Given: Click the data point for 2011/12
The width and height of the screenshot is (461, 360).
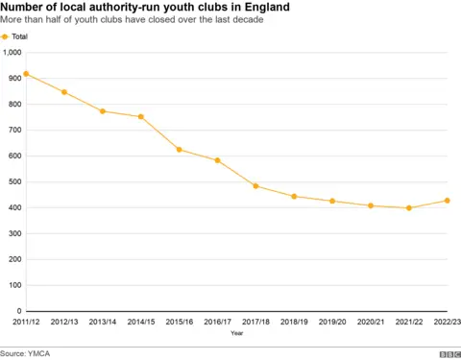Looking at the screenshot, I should coord(26,74).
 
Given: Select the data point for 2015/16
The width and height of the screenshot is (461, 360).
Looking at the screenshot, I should coord(179,150).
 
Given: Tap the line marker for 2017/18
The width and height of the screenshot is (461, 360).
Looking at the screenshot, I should coord(255,185).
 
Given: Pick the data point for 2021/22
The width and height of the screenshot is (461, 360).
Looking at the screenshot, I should coord(409,208).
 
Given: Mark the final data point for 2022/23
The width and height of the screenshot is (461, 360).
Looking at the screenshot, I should coord(447,201).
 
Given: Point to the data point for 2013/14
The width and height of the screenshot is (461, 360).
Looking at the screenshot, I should coord(103,111).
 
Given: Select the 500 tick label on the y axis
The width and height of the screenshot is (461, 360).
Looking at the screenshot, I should coord(13,182).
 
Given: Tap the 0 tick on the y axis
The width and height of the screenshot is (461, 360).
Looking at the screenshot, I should coord(18,311).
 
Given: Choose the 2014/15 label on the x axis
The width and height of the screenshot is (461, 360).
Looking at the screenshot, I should coord(140,322).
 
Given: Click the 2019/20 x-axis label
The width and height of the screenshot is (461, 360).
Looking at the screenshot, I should coord(332,322).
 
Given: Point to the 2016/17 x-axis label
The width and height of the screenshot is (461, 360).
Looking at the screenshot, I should coord(217,322).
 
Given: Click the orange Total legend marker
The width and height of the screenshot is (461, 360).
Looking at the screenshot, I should coord(5,36).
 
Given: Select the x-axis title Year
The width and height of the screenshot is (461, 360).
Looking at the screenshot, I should coord(236,334).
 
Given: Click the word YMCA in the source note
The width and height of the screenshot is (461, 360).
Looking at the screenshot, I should coord(40,352).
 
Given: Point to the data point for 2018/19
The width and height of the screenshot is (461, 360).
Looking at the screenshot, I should coord(294,197).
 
